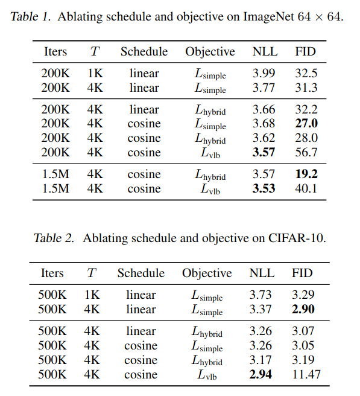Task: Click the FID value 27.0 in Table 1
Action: (x=306, y=124)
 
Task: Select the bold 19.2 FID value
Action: (x=306, y=174)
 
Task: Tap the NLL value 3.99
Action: (x=264, y=74)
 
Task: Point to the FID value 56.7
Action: (x=306, y=153)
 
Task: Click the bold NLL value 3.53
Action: (x=264, y=189)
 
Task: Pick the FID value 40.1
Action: (x=306, y=189)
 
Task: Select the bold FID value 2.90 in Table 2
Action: (x=303, y=310)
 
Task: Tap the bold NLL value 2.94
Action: (x=261, y=375)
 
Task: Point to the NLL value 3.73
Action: (x=261, y=295)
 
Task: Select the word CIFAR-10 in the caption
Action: (x=294, y=238)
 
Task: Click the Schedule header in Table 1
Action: (x=144, y=51)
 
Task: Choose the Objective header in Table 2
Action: (x=207, y=273)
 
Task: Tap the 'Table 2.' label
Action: (x=54, y=238)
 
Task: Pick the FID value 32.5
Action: (x=306, y=74)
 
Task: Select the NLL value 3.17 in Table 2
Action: (x=261, y=360)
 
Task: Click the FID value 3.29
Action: (x=303, y=295)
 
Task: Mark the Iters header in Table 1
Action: (x=55, y=51)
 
